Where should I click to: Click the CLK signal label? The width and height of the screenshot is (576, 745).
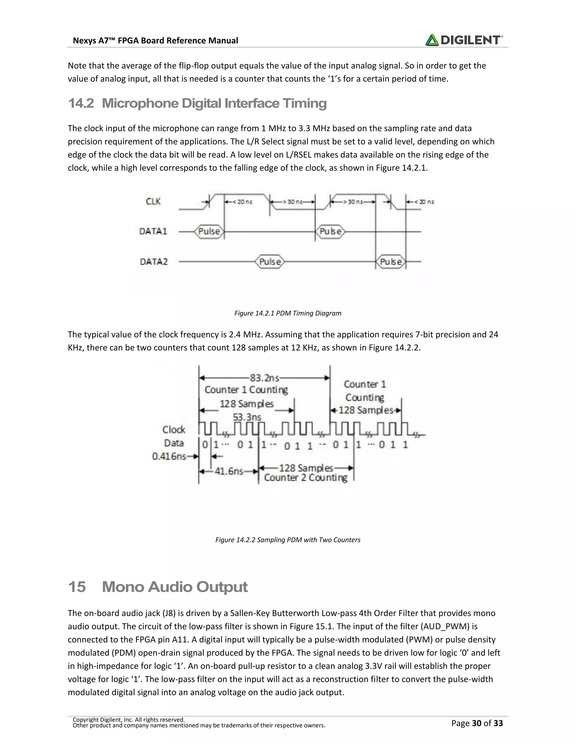click(x=153, y=202)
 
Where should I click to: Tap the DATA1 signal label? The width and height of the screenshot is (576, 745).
click(x=153, y=232)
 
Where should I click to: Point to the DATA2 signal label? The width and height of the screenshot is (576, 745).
click(x=154, y=262)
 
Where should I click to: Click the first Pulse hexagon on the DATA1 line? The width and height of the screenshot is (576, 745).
click(x=209, y=232)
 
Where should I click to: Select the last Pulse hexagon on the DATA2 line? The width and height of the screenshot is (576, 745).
click(x=391, y=262)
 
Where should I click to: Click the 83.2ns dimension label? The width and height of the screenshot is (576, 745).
click(x=264, y=378)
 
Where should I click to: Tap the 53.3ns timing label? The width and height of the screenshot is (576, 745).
click(x=247, y=417)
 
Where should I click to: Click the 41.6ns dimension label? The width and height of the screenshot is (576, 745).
click(x=229, y=471)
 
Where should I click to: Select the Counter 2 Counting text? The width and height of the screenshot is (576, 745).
click(x=305, y=478)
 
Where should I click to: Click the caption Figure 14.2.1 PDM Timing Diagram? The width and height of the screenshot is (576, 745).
click(x=288, y=313)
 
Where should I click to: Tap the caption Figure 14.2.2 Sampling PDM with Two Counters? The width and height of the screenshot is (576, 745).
click(x=288, y=540)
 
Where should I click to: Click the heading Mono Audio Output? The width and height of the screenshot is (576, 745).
click(x=174, y=587)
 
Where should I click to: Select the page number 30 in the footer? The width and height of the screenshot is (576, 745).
click(x=477, y=723)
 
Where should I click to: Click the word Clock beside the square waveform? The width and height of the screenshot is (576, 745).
click(x=174, y=430)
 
